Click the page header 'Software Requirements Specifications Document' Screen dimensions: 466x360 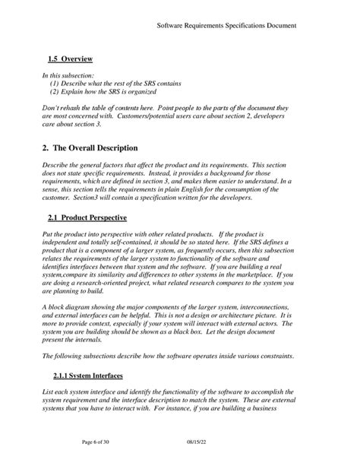click(226, 25)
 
